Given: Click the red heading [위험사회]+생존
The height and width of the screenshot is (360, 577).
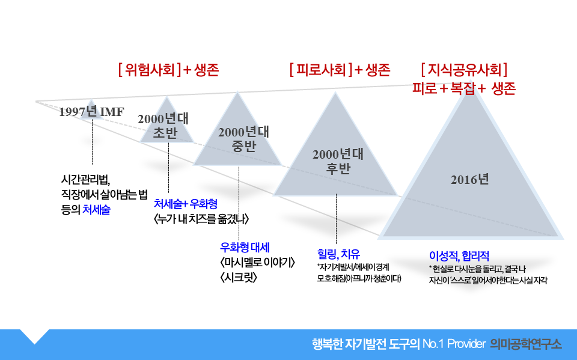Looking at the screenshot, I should pos(168,70).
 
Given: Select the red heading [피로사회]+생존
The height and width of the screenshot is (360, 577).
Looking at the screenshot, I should pos(340,70).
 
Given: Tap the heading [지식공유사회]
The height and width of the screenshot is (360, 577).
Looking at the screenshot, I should pos(466,69).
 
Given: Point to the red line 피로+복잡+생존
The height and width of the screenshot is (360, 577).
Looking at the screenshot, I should pos(464,88).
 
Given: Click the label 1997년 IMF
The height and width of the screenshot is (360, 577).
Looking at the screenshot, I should pos(91,112).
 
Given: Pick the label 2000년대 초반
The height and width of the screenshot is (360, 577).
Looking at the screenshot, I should pos(163,126).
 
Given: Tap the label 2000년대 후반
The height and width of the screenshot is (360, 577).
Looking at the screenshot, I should pos(338,160).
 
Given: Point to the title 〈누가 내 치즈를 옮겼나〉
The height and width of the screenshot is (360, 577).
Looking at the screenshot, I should pos(201,218).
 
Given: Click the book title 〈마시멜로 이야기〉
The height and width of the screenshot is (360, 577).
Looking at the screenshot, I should pos(257,263).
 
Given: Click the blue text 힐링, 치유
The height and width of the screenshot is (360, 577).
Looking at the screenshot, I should pos(338,252).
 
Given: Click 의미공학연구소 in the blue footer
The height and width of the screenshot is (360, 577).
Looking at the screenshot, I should pos(526,344).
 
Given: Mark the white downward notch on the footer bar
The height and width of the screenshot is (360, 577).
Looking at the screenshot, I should pos(34,335).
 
